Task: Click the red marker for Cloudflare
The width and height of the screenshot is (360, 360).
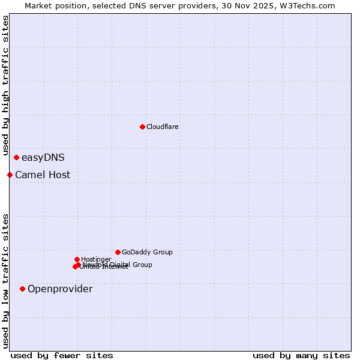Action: point(142,127)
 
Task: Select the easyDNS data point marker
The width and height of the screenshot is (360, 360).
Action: point(16,158)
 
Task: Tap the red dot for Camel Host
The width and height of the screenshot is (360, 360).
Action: point(10,175)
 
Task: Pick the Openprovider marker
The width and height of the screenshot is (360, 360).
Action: point(22,289)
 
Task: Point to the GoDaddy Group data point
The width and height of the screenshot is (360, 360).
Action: point(118,252)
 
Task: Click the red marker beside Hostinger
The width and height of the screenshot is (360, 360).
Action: point(77,259)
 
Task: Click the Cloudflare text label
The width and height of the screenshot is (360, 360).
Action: point(163,127)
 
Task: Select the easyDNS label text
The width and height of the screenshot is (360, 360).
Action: point(43,158)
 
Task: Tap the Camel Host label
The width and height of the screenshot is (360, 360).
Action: point(43,175)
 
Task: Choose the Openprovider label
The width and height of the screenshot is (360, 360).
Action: point(60,289)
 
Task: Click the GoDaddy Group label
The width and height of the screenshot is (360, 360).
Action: point(147,252)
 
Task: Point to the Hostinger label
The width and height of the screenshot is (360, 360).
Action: point(96,259)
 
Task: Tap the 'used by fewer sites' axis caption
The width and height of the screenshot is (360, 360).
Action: point(62,355)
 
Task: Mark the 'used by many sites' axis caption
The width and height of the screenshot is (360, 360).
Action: point(301,355)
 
